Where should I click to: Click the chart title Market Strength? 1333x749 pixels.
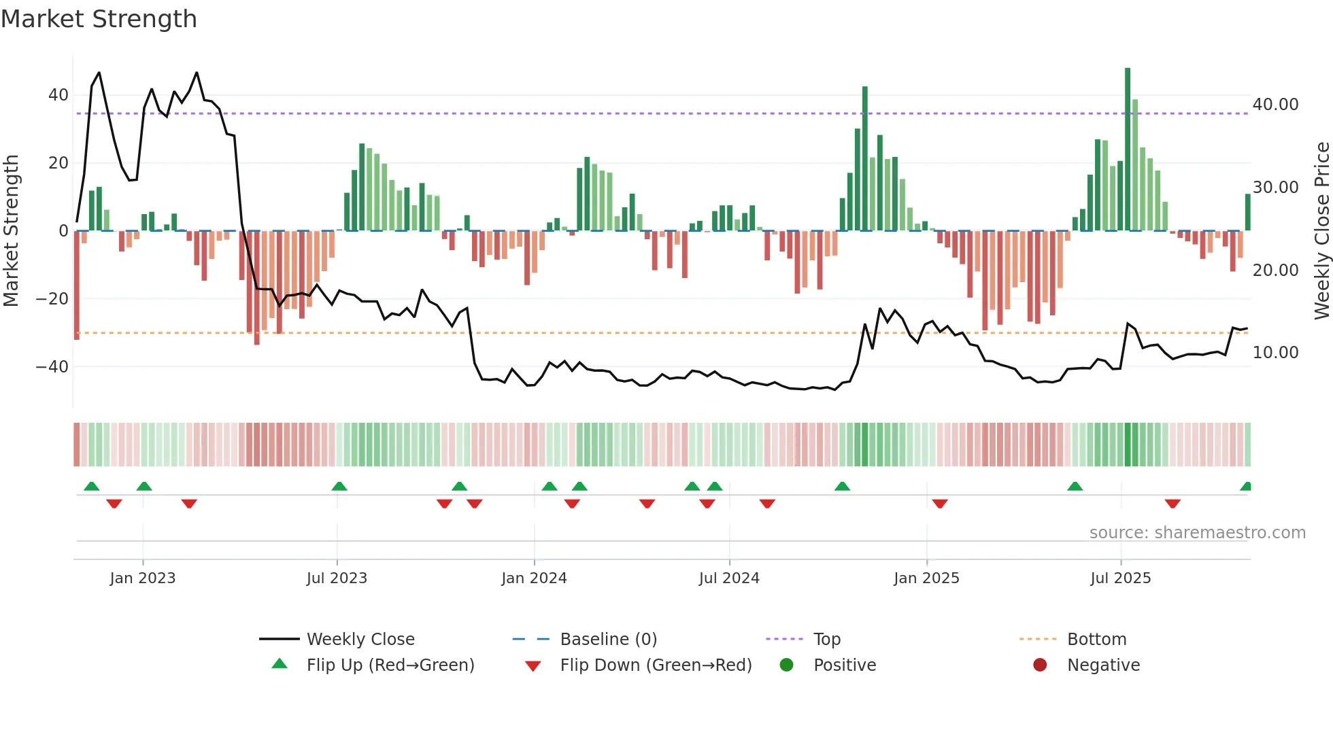pos(99,19)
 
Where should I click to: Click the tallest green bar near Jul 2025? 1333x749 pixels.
pos(1128,150)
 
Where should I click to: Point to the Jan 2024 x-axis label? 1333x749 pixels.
pos(534,578)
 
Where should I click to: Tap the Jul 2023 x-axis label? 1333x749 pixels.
pos(337,578)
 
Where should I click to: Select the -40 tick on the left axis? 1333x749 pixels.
pos(52,367)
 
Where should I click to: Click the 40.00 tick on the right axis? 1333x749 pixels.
pos(1275,105)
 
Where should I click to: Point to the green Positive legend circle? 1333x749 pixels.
pos(787,665)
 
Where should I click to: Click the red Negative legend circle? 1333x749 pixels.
pos(1040,665)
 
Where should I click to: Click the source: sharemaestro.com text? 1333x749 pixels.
pos(1197,533)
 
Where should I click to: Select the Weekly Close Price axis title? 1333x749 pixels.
pos(1321,231)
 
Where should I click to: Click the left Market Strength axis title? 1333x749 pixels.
pos(12,231)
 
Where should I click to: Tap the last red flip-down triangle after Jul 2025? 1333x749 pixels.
pos(1172,504)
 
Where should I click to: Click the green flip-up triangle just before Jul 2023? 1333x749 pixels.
pos(339,486)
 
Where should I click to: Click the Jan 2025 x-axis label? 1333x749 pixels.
pos(926,578)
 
